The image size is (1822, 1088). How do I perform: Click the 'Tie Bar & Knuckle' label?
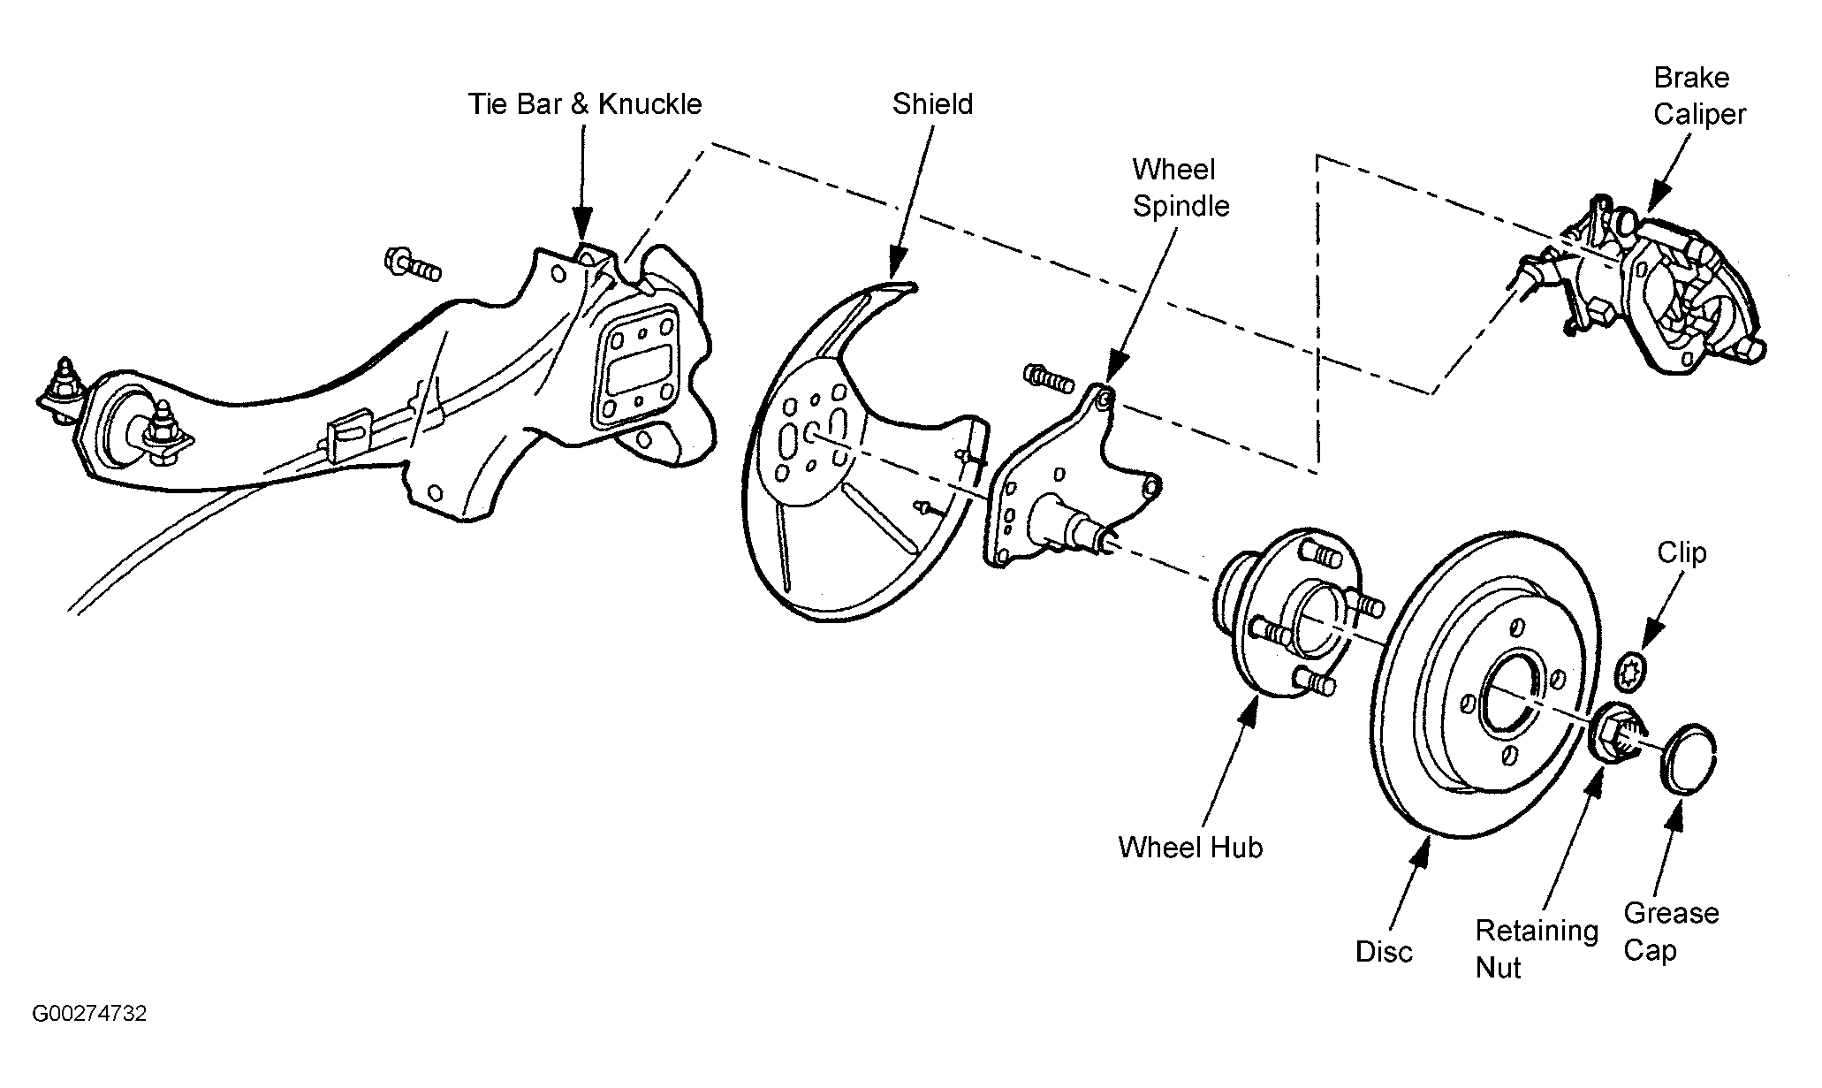click(585, 103)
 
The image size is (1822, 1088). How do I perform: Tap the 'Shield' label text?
click(932, 103)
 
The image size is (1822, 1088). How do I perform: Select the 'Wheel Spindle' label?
click(1181, 187)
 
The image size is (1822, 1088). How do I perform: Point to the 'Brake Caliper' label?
click(1699, 95)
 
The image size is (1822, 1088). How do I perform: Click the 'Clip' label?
click(1682, 552)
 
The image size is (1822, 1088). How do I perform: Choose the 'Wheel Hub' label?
click(1190, 847)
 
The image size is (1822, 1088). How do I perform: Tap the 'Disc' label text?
click(1384, 951)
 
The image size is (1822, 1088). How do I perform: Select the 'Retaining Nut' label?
click(1537, 948)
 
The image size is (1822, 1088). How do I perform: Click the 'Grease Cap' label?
click(1671, 931)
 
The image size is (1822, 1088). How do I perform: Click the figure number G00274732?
click(89, 1014)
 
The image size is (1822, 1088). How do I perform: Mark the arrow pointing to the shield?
click(911, 200)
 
